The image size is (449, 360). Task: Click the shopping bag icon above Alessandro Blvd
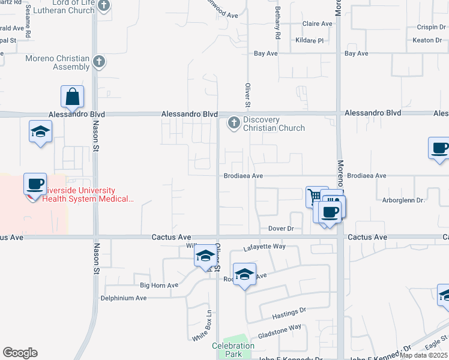click(72, 97)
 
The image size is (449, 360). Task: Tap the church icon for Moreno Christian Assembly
click(100, 61)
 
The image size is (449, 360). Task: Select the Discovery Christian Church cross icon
click(234, 124)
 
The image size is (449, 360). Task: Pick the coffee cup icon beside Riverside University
click(35, 184)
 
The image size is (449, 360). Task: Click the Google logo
click(20, 353)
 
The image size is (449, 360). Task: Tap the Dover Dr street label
click(281, 229)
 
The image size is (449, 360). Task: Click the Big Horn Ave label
click(159, 285)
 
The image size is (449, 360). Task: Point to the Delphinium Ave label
click(124, 298)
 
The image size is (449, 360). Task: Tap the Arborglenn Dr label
click(403, 200)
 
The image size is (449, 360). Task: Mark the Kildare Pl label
click(309, 40)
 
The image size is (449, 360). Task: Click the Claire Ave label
click(318, 24)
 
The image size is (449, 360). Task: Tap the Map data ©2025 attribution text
click(424, 355)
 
